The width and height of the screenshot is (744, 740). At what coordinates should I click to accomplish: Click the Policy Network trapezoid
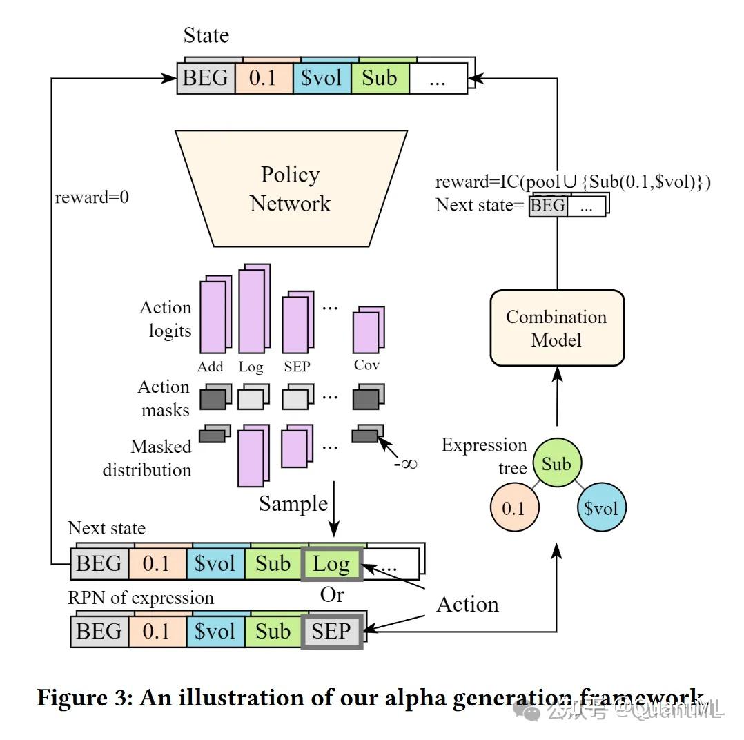tap(290, 188)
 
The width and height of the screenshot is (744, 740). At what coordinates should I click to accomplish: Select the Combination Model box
tap(556, 328)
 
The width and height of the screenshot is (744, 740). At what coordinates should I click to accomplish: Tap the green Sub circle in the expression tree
tap(556, 464)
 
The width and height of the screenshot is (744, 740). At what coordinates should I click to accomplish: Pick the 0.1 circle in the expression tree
tap(513, 509)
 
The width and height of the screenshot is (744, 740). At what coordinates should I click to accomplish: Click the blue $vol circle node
tap(600, 509)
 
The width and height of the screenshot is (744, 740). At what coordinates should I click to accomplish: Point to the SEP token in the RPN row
tap(332, 631)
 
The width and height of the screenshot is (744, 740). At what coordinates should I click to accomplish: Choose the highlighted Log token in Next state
tap(331, 564)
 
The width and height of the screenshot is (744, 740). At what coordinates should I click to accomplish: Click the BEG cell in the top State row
tap(206, 77)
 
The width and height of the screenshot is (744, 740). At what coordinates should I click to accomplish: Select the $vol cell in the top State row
tap(322, 77)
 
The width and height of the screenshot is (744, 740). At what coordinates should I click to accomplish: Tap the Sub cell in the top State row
tap(380, 77)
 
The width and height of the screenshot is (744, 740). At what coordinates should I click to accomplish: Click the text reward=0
tap(92, 197)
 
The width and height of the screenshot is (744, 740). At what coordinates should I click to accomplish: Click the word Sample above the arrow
tap(293, 503)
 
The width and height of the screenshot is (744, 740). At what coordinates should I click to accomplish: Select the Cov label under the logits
tap(366, 365)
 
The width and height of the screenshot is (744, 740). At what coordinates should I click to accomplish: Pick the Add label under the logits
tap(210, 367)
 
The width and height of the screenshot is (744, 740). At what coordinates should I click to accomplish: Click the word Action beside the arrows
tap(467, 605)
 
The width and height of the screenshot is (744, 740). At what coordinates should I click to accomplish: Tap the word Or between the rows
tap(332, 595)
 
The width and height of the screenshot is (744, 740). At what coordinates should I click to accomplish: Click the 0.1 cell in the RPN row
tap(157, 631)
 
